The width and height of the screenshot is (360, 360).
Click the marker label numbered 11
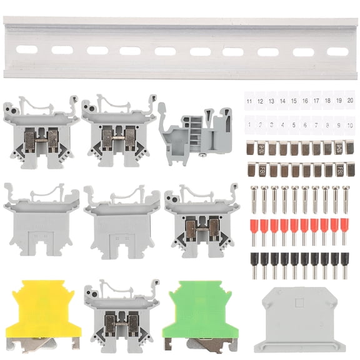tap(249, 101)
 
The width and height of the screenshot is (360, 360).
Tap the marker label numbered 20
tap(350, 100)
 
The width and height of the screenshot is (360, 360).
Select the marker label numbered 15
tap(294, 101)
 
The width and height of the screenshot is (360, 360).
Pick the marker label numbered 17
tap(316, 101)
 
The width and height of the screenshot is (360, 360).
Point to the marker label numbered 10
tap(350, 124)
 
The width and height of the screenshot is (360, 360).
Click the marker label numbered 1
tap(249, 124)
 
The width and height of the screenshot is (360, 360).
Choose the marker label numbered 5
tap(294, 124)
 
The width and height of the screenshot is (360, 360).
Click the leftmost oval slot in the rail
tap(27, 49)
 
